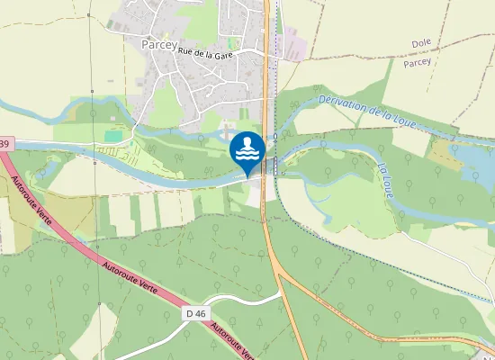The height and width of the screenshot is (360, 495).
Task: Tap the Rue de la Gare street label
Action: (206, 56)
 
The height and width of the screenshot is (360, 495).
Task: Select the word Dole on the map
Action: (421, 43)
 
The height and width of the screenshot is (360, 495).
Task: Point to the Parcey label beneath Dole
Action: (417, 62)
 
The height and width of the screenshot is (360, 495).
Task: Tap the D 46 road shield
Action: (195, 313)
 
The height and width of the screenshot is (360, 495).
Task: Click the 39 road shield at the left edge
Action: (4, 144)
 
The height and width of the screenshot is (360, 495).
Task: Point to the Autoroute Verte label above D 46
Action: (129, 281)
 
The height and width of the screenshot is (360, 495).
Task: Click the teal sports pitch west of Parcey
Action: (112, 136)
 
